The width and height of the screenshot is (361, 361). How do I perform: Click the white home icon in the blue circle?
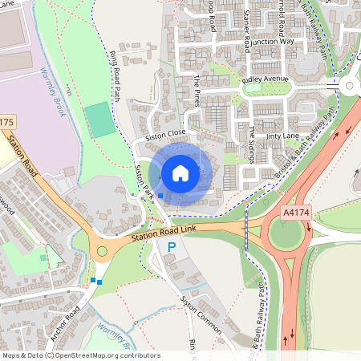tap(180, 172)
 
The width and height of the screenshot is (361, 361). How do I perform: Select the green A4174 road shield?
tap(298, 213)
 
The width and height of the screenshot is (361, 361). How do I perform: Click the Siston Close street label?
tap(165, 136)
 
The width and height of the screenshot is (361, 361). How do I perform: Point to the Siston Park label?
tap(144, 182)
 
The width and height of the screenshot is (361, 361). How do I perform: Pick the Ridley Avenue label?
tap(265, 80)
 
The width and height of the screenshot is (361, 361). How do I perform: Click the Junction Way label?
tap(272, 41)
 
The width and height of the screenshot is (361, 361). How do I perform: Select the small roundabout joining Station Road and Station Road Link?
tap(102, 252)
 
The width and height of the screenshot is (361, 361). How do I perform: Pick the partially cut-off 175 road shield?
tap(6, 122)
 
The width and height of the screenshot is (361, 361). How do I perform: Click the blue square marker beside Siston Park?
tap(160, 195)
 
